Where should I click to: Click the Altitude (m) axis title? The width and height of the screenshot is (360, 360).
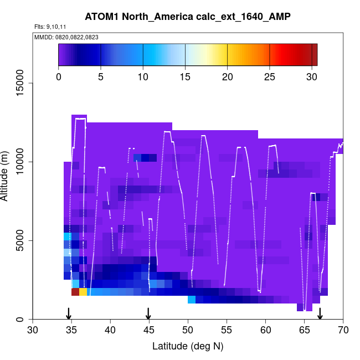(8, 174)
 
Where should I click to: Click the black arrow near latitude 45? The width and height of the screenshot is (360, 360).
(148, 313)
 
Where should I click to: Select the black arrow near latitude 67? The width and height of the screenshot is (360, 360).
(320, 313)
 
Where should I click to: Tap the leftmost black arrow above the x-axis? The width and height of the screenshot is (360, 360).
(69, 313)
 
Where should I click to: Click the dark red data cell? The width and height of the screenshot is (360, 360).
(75, 292)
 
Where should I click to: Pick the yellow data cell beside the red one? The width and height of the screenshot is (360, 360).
(83, 292)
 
